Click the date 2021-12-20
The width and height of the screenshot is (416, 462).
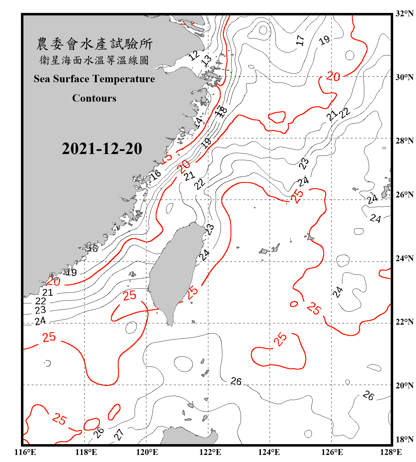(102, 148)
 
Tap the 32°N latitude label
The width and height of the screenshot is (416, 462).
(404, 14)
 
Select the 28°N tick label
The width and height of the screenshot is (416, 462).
(404, 141)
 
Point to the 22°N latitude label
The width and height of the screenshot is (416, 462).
(404, 322)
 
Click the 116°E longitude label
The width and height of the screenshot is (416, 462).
(25, 452)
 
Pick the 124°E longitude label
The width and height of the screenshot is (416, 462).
(269, 452)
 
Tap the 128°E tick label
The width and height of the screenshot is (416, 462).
(391, 452)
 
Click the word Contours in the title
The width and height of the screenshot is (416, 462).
(94, 98)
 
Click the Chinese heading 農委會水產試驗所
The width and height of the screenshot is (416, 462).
(94, 44)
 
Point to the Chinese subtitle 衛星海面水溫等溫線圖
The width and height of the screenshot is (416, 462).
(94, 60)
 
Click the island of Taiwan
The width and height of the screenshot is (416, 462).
(174, 271)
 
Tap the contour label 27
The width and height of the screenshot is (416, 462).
(119, 434)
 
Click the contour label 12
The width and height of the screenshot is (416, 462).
(194, 55)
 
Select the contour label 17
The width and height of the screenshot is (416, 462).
(300, 40)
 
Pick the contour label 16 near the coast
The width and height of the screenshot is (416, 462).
(155, 175)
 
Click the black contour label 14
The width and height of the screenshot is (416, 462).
(199, 123)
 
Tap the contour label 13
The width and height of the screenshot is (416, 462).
(206, 60)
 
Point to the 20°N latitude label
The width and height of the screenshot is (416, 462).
(404, 385)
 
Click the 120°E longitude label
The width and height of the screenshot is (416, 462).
(147, 452)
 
